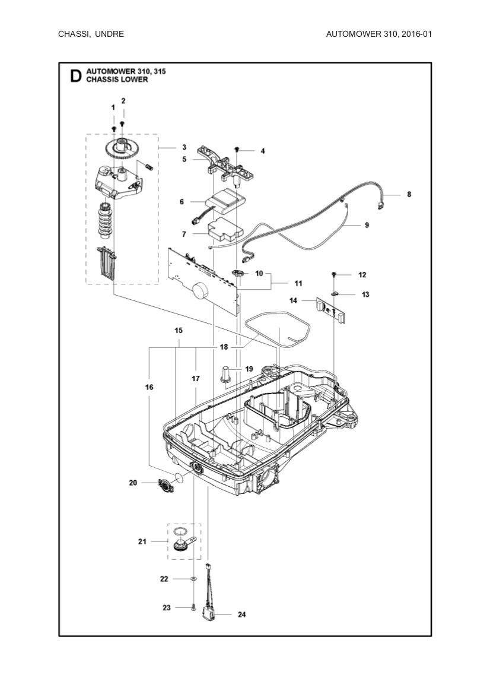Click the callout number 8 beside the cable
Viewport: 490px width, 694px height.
coord(409,194)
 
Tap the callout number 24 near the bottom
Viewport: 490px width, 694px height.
coord(241,614)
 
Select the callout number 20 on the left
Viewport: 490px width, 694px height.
coord(133,483)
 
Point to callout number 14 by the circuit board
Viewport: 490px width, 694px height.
coord(293,301)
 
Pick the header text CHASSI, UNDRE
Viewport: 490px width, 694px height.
coord(91,34)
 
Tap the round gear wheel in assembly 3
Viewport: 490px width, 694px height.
coord(122,148)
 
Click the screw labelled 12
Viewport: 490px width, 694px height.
coord(334,274)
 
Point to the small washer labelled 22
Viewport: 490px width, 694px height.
coord(195,578)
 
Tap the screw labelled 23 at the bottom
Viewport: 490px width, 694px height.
coord(195,607)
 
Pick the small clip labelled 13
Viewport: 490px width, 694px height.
coord(335,293)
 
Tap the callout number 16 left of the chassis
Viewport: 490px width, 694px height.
coord(149,387)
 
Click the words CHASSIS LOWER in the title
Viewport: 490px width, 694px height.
coord(116,79)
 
